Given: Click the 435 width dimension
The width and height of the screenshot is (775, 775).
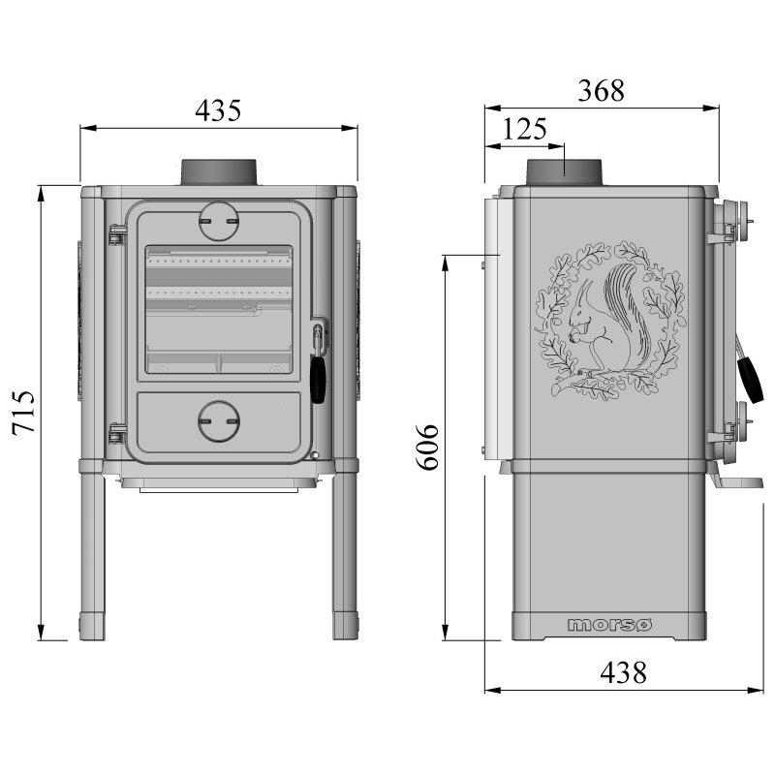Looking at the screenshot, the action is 218,110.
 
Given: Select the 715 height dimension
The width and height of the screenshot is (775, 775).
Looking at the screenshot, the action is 23,412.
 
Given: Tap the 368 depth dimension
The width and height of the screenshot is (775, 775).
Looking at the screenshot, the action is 601,91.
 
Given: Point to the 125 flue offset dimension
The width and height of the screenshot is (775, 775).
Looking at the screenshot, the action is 524,129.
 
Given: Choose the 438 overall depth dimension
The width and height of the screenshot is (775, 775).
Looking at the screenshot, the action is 623,672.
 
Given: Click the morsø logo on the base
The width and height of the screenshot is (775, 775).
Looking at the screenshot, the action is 609,625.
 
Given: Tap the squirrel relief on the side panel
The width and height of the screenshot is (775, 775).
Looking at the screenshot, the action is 611,321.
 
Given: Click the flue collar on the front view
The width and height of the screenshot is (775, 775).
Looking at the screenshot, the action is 219,172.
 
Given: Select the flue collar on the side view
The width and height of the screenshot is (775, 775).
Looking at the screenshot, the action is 564,172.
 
